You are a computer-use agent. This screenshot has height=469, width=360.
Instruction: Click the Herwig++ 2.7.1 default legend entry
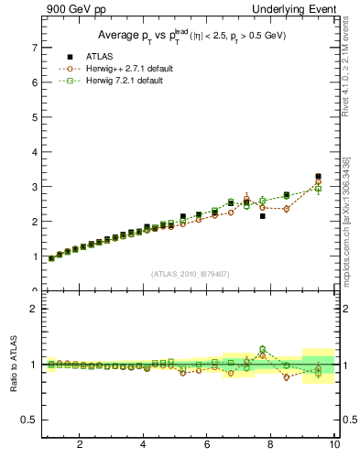(111, 69)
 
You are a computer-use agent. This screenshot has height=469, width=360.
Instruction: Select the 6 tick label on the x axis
(207, 445)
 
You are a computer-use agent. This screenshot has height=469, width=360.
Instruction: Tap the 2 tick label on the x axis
(80, 445)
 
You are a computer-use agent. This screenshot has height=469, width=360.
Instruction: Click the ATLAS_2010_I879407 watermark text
(190, 273)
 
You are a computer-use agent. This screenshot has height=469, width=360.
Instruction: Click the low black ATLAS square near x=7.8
(263, 216)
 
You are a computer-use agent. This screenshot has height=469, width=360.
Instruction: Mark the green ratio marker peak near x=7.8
(262, 349)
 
